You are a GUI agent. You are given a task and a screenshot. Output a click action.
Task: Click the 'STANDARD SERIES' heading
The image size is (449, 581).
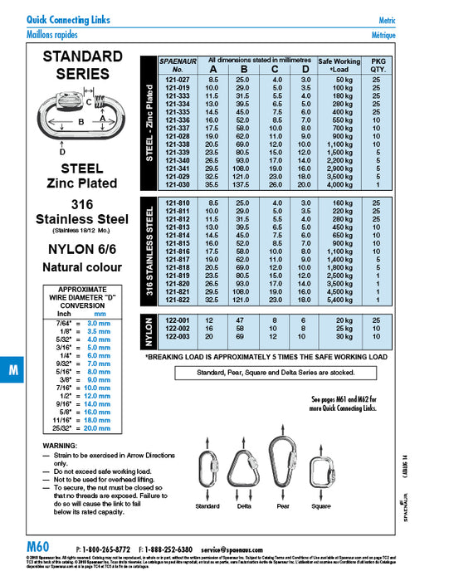[89, 65]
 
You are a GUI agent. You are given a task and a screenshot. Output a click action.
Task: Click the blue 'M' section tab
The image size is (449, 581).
[13, 370]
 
